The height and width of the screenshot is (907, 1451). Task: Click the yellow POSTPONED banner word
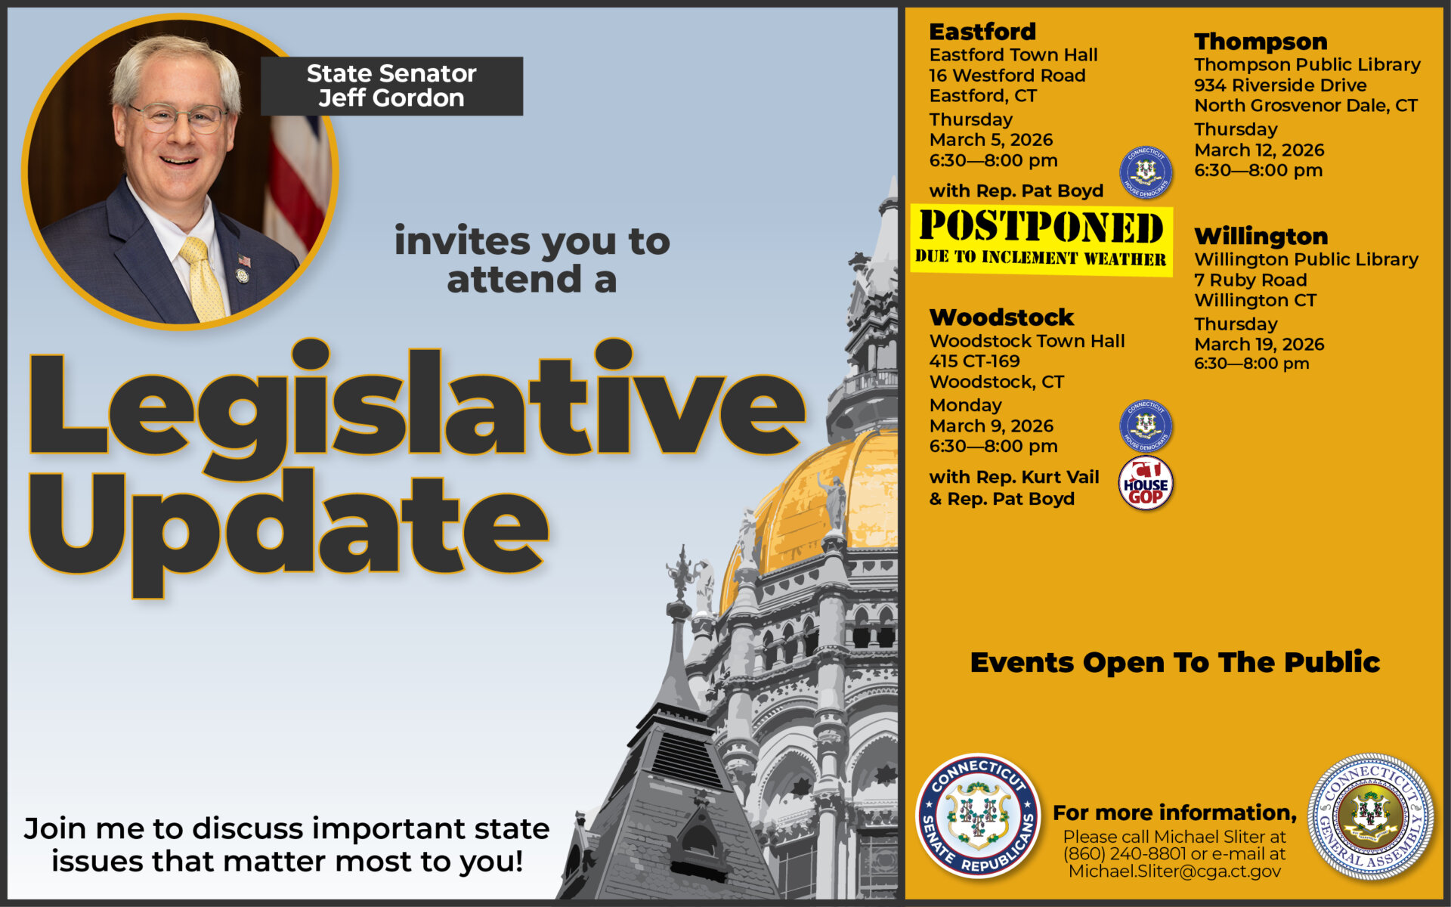[x=1041, y=226]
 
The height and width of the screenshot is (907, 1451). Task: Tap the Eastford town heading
[x=982, y=32]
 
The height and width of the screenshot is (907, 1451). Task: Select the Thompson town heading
[x=1261, y=42]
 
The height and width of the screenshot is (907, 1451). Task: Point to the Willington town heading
[x=1261, y=236]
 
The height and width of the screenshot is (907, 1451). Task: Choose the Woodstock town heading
[x=1001, y=317]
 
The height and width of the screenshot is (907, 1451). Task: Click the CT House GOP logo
[x=1146, y=484]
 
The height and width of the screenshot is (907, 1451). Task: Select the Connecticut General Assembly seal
[x=1371, y=816]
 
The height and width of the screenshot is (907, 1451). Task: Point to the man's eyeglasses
[x=178, y=117]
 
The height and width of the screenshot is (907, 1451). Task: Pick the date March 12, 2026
[x=1259, y=150]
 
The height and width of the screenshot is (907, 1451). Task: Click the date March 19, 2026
[x=1259, y=344]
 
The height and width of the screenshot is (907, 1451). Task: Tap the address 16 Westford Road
[x=1007, y=76]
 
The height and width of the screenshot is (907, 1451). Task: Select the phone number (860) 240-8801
[x=1124, y=854]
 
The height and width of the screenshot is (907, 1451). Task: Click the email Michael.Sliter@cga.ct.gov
[x=1174, y=871]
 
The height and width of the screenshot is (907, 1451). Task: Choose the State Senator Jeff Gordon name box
[x=391, y=86]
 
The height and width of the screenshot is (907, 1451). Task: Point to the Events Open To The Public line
[x=1175, y=663]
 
